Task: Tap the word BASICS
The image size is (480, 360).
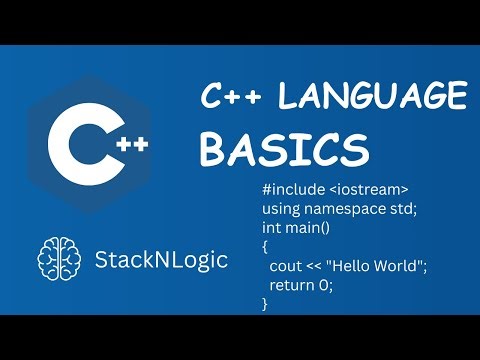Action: pos(283,149)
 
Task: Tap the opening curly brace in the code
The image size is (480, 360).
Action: pos(265,247)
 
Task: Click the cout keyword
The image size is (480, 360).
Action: pos(287,266)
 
